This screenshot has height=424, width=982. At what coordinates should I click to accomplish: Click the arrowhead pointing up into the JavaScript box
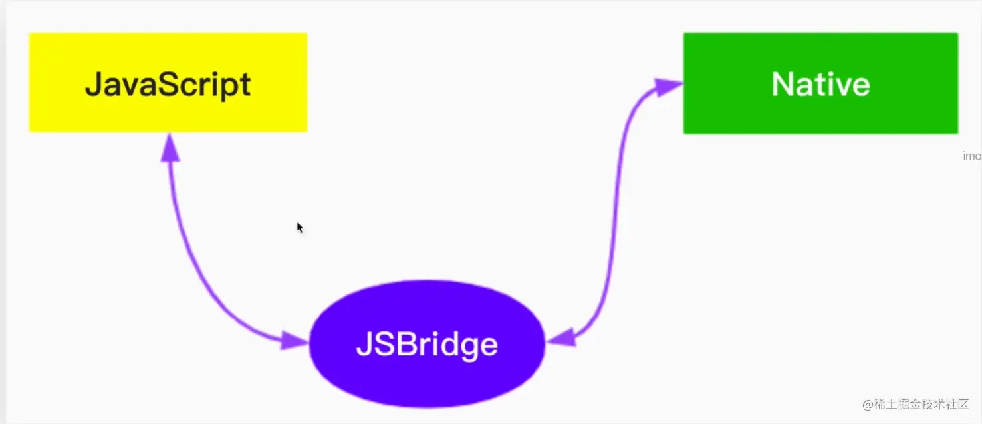170,148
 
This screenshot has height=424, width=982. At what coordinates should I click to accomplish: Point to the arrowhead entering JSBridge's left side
294,341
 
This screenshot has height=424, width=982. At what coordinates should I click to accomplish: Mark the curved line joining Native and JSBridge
615,220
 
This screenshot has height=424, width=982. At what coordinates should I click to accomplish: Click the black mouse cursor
300,228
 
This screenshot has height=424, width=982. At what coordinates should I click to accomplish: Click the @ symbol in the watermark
867,404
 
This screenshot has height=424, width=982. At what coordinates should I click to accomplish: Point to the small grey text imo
972,156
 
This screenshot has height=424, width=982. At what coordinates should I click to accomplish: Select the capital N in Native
782,85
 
